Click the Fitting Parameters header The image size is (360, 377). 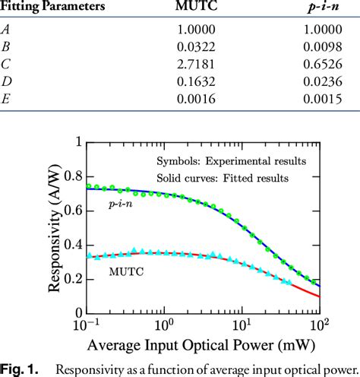(52, 8)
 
